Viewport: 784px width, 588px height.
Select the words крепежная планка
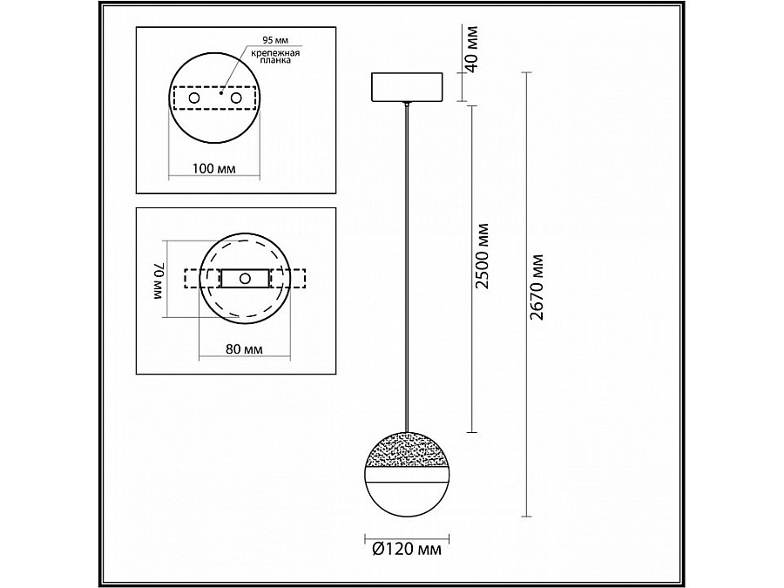click(x=275, y=59)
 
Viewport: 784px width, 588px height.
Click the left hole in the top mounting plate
click(x=193, y=99)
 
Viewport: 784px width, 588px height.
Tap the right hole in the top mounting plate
click(x=235, y=99)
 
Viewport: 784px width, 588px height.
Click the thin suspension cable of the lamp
click(x=407, y=261)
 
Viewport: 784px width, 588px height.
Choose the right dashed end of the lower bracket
click(x=294, y=279)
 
